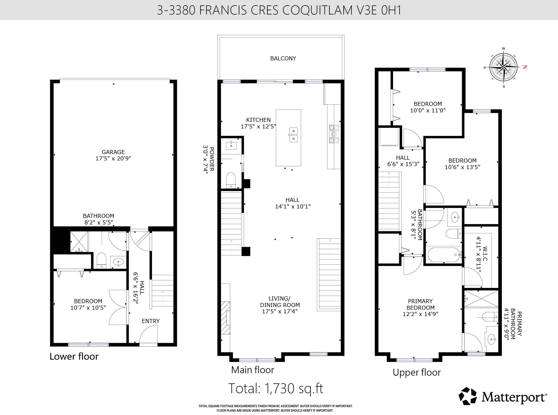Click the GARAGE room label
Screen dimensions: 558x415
[x=113, y=152]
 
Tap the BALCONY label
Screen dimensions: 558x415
[x=283, y=58]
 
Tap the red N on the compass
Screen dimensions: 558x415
[x=525, y=67]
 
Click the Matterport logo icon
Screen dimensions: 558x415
[x=468, y=396]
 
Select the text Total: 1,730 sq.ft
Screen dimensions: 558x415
[x=276, y=388]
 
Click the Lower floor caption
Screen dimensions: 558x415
[x=74, y=356]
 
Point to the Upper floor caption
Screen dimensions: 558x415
[x=417, y=373]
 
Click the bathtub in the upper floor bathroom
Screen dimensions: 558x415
[x=444, y=255]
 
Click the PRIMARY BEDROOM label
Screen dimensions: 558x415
[x=420, y=304]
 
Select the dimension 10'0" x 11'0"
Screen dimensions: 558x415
[x=428, y=110]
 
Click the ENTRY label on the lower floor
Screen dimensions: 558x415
[x=151, y=321]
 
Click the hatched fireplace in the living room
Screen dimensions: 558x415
[x=226, y=318]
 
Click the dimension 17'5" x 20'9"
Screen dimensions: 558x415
[x=113, y=159]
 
